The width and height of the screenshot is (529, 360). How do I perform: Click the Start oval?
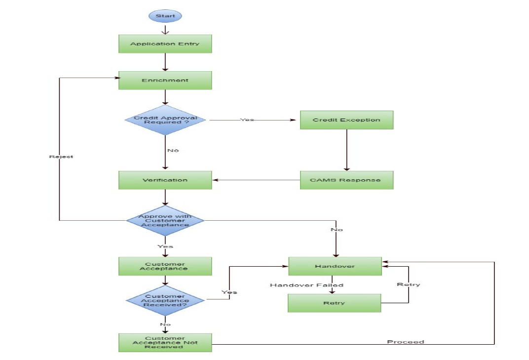click(165, 16)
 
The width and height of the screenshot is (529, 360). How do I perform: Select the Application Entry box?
click(165, 44)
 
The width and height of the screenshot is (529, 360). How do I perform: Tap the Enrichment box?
click(165, 80)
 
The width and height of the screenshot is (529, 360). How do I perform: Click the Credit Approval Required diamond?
click(165, 120)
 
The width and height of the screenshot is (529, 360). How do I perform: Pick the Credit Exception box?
click(346, 120)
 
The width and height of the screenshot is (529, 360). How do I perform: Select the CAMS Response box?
click(346, 180)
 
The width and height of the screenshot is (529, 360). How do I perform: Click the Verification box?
click(165, 180)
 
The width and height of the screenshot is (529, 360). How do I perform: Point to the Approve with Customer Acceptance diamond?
click(165, 221)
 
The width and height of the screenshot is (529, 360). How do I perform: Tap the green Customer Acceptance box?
click(165, 266)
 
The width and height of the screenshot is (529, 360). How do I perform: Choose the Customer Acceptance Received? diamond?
click(165, 300)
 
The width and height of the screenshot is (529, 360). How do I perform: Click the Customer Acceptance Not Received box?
click(165, 342)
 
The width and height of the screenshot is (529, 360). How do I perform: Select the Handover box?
click(335, 266)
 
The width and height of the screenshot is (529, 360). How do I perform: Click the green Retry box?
click(335, 303)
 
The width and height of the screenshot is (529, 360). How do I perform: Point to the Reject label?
click(61, 157)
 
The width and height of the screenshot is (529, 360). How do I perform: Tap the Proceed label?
click(405, 342)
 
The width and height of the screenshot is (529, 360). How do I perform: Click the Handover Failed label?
click(306, 285)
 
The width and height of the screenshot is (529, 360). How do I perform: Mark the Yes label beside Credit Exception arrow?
click(247, 120)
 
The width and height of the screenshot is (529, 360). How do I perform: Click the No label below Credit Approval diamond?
click(173, 150)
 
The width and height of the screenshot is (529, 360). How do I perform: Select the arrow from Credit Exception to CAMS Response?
click(346, 150)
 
